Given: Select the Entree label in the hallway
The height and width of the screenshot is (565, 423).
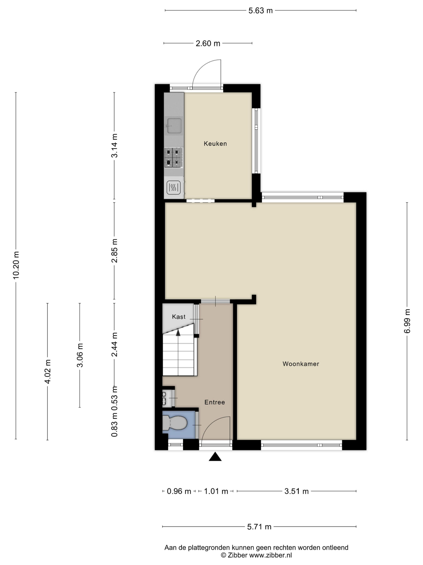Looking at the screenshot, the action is (x=215, y=402).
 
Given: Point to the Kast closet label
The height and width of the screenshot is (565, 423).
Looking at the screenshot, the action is (x=179, y=317).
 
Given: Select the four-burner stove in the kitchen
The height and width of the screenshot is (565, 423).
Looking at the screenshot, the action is (x=173, y=157).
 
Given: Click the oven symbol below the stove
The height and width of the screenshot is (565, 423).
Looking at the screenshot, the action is (x=173, y=187).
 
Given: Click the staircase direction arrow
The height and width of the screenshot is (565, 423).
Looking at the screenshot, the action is (x=178, y=332).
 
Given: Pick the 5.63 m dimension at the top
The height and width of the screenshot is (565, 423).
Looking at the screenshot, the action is (x=261, y=10).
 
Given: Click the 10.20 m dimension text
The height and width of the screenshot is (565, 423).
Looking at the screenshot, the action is (x=16, y=265).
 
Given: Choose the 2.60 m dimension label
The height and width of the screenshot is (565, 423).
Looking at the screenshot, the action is (x=208, y=43).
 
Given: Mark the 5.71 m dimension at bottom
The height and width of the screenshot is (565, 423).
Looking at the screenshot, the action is (x=259, y=527).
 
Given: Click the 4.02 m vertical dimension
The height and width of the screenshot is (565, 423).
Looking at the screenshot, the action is (x=48, y=371).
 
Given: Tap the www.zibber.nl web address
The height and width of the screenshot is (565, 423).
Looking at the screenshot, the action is (x=270, y=555).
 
